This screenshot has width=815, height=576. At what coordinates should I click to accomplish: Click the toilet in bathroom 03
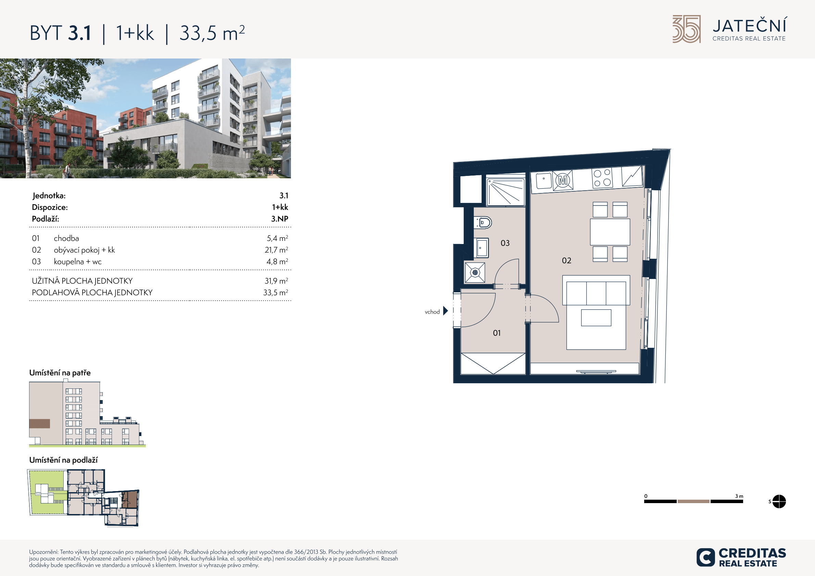tap(483, 222)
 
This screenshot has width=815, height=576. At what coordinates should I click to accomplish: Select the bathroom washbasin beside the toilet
tap(481, 248)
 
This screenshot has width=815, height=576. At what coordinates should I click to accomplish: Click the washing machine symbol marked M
tap(563, 181)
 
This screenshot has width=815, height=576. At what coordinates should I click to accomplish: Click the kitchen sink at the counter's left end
tap(544, 181)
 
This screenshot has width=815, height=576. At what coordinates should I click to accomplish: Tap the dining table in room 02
tap(610, 232)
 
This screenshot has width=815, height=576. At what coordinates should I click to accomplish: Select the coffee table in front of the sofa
tap(596, 318)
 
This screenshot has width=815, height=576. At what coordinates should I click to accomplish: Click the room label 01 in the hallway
tap(497, 333)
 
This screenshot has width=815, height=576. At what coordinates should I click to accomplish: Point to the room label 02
tap(566, 260)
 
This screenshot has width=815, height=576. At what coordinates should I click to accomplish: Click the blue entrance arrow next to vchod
tap(445, 311)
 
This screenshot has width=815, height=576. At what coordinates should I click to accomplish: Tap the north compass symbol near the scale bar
tap(779, 501)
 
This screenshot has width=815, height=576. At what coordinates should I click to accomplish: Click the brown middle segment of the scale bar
tap(693, 501)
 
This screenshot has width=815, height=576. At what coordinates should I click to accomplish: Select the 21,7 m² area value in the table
tap(276, 250)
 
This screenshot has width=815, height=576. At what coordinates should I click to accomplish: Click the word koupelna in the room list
tap(69, 261)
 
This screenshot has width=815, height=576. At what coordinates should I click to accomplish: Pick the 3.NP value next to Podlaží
tap(280, 219)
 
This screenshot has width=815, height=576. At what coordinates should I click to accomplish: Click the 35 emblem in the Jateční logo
tap(687, 29)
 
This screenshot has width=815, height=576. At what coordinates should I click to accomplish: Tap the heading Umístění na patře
tap(60, 373)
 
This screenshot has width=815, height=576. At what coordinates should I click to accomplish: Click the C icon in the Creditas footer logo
tap(705, 557)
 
